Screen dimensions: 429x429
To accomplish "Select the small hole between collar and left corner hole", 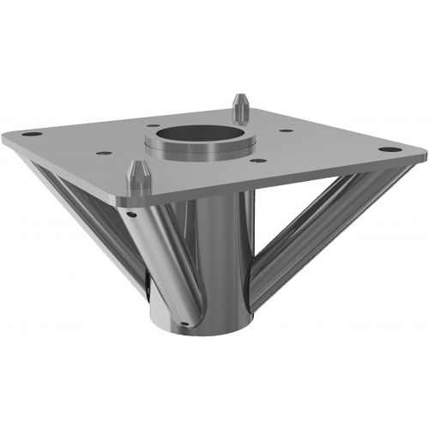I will [104, 153].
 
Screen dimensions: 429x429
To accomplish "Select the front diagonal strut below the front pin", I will [163, 257].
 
